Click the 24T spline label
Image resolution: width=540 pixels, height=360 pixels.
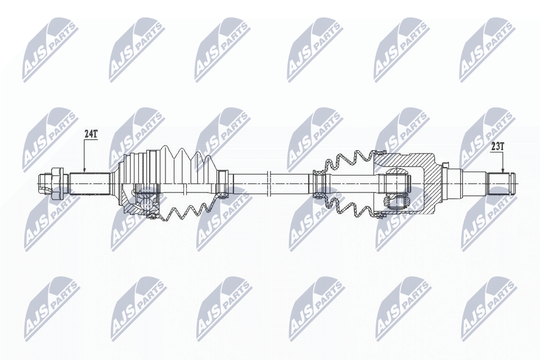click(91, 134)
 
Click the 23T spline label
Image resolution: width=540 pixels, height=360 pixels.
click(498, 146)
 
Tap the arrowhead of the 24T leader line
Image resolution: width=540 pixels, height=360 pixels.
click(84, 170)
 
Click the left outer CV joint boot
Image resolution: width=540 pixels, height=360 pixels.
click(169, 166)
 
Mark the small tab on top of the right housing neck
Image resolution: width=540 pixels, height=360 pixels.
click(445, 165)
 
